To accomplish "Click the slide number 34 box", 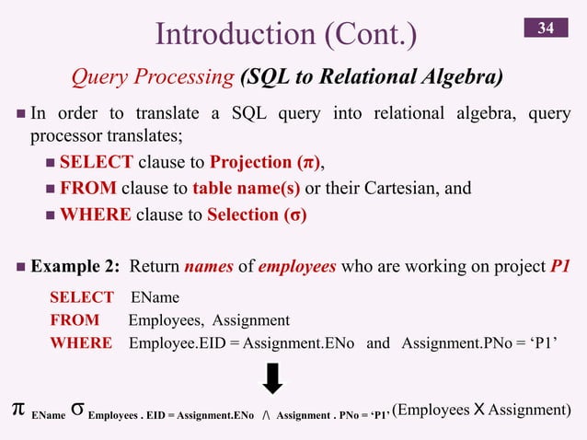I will point(546,29).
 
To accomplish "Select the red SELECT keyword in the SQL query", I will point(81,297).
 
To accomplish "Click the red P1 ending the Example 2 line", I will point(559,268).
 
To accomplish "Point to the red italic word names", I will point(207,268).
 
